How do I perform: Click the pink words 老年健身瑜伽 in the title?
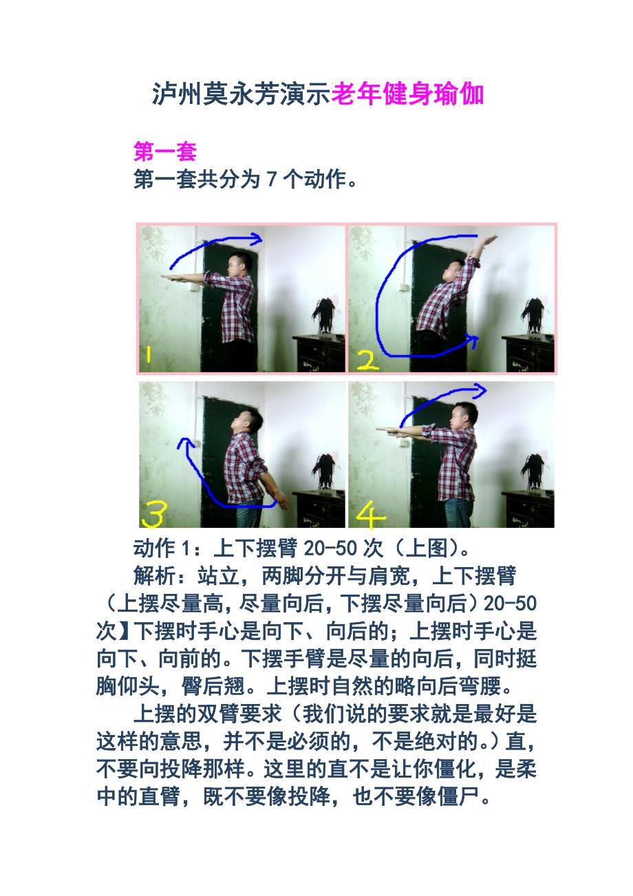coord(407,94)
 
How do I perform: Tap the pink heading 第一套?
coord(164,151)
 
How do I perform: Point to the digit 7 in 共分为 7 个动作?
coord(272,178)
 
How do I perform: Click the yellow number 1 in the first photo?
coord(149,354)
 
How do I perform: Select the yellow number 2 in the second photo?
coord(367,360)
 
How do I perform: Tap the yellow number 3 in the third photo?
coord(153,514)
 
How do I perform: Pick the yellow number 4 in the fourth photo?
coord(370,515)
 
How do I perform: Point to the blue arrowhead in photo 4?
coord(480,390)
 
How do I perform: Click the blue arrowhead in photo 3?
coord(184,442)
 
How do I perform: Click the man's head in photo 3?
coord(247,421)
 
